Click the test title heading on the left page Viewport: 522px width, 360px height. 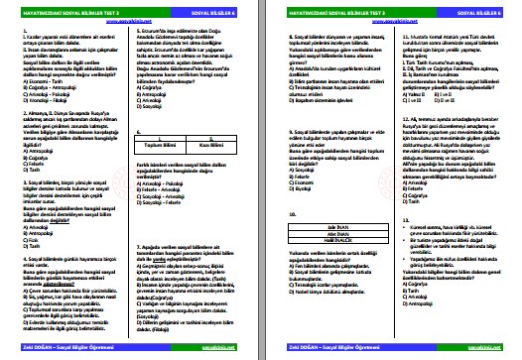pyautogui.click(x=60, y=15)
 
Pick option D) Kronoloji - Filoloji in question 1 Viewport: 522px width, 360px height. pyautogui.click(x=40, y=99)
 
